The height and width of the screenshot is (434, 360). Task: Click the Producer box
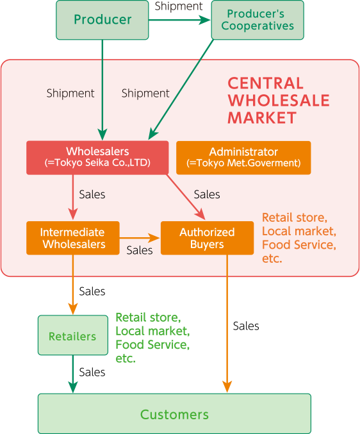[x=102, y=20]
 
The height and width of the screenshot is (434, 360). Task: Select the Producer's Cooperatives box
[x=258, y=20]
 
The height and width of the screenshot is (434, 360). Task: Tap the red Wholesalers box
[x=97, y=158]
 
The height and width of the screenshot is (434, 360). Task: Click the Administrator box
[x=243, y=158]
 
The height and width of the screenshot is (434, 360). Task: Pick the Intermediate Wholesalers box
[x=73, y=238]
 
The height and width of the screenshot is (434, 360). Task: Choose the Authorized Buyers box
[x=207, y=238]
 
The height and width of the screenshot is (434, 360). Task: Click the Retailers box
[x=73, y=335]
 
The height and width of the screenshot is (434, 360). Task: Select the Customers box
[x=174, y=413]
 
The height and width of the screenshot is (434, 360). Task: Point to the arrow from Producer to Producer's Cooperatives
[x=179, y=20]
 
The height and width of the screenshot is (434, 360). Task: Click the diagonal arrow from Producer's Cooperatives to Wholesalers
[x=181, y=89]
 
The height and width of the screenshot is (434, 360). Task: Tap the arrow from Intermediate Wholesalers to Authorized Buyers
[x=140, y=238]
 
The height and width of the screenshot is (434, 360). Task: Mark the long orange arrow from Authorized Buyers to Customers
[x=227, y=323]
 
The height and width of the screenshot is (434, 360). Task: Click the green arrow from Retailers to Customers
[x=73, y=374]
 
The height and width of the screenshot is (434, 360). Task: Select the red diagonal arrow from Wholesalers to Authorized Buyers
[x=186, y=197]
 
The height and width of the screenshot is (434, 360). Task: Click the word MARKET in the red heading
[x=262, y=117]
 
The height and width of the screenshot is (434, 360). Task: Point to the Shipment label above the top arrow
[x=179, y=6]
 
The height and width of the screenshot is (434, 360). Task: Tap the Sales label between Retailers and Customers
[x=92, y=372]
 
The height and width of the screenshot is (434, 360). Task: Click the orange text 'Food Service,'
[x=299, y=245]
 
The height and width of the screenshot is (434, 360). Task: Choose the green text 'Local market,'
[x=152, y=331]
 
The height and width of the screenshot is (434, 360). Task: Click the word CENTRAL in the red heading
[x=265, y=83]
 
